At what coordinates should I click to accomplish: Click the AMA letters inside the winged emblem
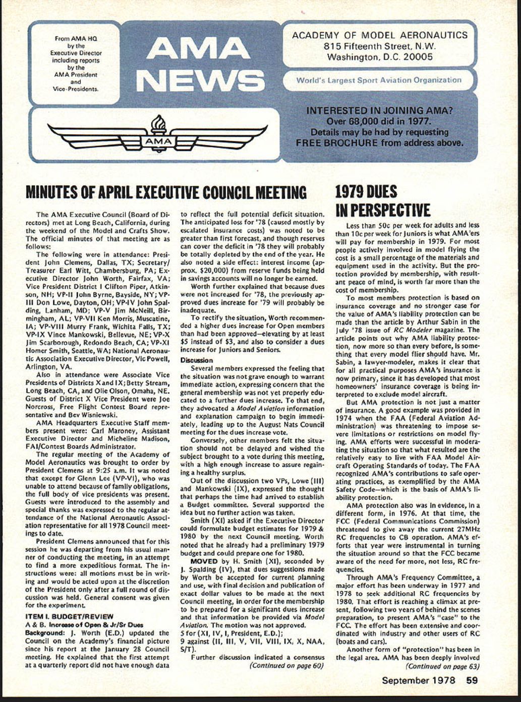click(x=158, y=142)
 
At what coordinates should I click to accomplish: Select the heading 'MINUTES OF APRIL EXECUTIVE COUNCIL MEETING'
click(x=166, y=193)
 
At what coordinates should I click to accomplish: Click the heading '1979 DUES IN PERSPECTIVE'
click(x=382, y=201)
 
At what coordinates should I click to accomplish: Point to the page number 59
click(x=471, y=680)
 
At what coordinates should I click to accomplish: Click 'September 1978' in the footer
click(x=418, y=680)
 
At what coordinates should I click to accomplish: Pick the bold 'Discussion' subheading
click(x=197, y=360)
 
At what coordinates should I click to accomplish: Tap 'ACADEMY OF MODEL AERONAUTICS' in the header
click(x=379, y=35)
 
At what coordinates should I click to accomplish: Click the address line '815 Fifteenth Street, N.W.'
click(x=379, y=46)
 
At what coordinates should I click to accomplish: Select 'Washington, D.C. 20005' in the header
click(x=379, y=57)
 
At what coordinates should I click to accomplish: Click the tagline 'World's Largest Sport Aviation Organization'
click(x=378, y=80)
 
